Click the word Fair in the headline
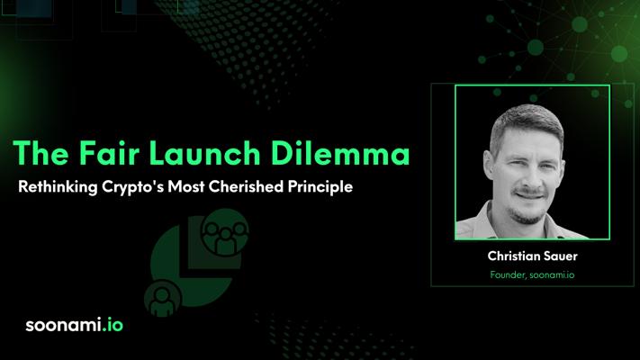pyautogui.click(x=109, y=153)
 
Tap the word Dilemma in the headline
pyautogui.click(x=340, y=153)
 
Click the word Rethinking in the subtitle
pyautogui.click(x=58, y=187)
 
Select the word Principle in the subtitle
pyautogui.click(x=320, y=187)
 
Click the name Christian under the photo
pyautogui.click(x=515, y=256)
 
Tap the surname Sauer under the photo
pyautogui.click(x=562, y=256)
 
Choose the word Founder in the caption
pyautogui.click(x=509, y=275)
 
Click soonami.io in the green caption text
pyautogui.click(x=552, y=274)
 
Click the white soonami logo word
pyautogui.click(x=63, y=325)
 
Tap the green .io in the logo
pyautogui.click(x=113, y=325)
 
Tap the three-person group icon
pyautogui.click(x=224, y=233)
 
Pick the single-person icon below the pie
pyautogui.click(x=162, y=299)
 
